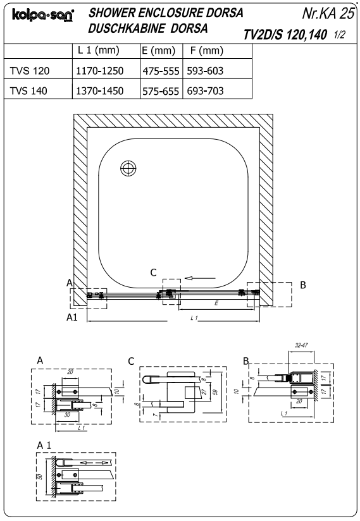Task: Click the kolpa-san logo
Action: (43, 15)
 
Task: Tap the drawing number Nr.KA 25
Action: (328, 13)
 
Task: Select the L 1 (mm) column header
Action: (99, 51)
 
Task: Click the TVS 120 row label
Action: (30, 71)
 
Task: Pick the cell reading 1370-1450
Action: (100, 90)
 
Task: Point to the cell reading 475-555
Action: (161, 71)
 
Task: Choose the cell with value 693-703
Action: (205, 90)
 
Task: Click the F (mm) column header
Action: (207, 51)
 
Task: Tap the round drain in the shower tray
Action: (128, 168)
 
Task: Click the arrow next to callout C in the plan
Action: (200, 278)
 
